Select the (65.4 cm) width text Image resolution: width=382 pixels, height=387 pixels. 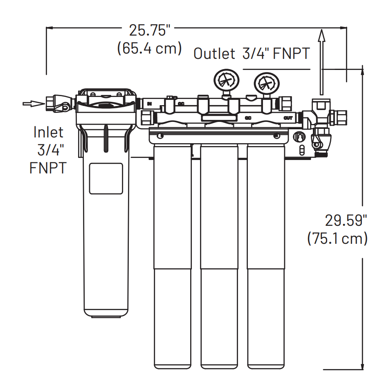(150, 48)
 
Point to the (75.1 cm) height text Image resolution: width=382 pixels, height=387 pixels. (337, 239)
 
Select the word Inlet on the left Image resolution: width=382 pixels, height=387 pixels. (48, 132)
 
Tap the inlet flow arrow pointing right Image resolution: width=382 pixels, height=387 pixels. (34, 103)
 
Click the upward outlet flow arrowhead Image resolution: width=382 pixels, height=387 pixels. (322, 38)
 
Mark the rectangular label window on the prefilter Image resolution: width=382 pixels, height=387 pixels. (106, 178)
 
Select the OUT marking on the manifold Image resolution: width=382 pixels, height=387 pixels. (288, 118)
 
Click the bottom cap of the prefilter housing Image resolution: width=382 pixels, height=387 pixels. (106, 314)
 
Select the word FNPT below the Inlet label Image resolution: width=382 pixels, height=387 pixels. (47, 168)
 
